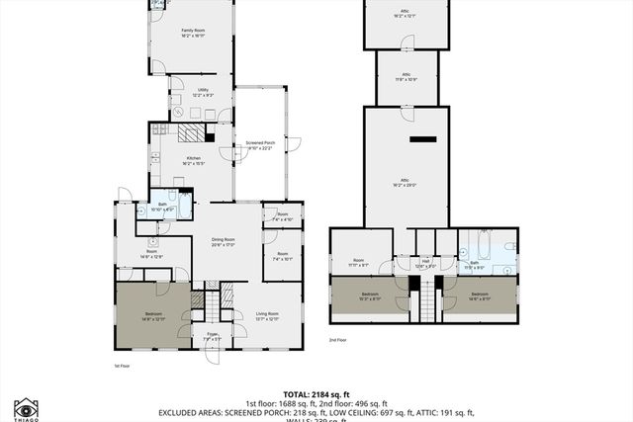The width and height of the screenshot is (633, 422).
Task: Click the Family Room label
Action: (x=192, y=33)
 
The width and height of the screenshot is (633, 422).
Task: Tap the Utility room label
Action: (x=202, y=92)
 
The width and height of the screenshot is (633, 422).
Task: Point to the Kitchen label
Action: (x=194, y=160)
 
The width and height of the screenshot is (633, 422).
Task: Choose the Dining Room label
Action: (x=223, y=241)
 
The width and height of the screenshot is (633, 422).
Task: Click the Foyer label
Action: (x=212, y=337)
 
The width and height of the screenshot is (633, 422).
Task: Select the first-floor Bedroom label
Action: (x=152, y=315)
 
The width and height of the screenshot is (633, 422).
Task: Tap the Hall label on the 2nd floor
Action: (x=425, y=263)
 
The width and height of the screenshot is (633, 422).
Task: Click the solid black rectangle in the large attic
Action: (x=422, y=139)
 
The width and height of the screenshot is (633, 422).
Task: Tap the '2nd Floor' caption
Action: (x=338, y=340)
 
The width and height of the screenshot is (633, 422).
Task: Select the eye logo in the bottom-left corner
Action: (x=27, y=407)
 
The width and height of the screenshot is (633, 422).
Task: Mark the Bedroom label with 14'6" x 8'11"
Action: (x=480, y=295)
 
